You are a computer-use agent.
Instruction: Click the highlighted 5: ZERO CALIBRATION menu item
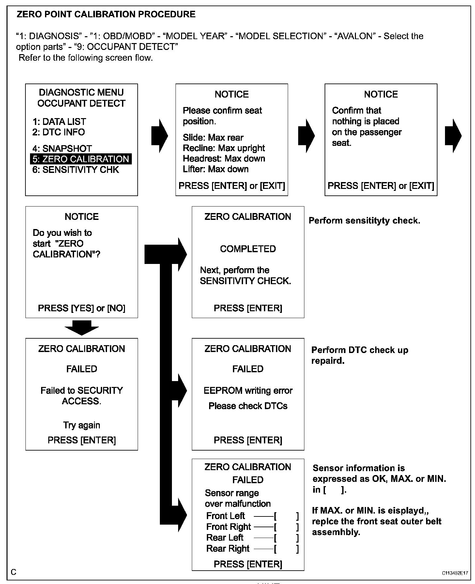coord(81,159)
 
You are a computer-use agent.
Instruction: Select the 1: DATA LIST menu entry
coord(59,122)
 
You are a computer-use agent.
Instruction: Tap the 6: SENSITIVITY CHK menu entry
coord(76,170)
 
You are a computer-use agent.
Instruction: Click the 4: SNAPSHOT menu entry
coord(62,148)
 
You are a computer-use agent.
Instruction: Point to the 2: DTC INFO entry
coord(59,132)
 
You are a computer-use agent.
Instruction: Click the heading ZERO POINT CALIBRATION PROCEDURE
coord(106,14)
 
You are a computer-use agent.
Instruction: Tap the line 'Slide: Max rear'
coord(213,137)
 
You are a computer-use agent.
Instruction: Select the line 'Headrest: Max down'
coord(224,159)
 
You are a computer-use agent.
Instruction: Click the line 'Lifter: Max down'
coord(216,169)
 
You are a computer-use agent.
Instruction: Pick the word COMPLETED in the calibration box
coord(248,249)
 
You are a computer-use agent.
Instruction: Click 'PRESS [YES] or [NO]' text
coord(82,308)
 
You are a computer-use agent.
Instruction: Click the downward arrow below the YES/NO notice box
coord(82,327)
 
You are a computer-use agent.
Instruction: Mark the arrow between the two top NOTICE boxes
coord(306,135)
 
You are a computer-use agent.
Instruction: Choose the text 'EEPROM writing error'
coord(248,391)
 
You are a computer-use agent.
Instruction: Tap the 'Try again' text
coord(82,425)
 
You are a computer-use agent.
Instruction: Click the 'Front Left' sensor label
coord(225,516)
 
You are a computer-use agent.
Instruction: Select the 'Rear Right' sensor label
coord(228,548)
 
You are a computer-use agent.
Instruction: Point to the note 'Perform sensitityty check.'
coord(364,221)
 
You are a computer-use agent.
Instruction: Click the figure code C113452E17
coord(455,573)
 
